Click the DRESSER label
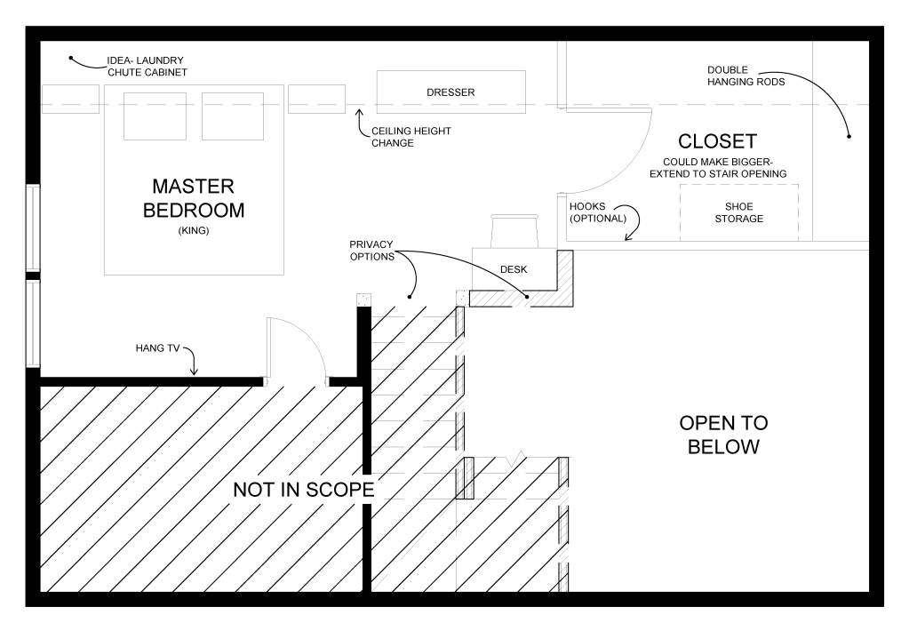coord(451,92)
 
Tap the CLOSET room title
coord(717,141)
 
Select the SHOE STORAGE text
coord(738,212)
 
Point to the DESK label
coord(514,269)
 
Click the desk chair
coord(515,231)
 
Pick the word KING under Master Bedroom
coord(194,230)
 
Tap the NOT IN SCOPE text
coord(304,490)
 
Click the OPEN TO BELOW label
coord(723,435)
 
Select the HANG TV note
coord(157,348)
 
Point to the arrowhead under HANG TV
coord(195,371)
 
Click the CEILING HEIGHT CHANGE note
coord(411,137)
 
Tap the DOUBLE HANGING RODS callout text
coord(746,76)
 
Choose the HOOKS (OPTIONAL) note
coord(598,212)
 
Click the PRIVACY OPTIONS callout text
coord(371,251)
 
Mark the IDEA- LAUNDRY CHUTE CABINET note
coord(148,66)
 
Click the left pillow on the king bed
coord(155,116)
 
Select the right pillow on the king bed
coord(233,116)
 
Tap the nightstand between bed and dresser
coord(316,99)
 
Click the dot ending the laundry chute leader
coord(71,58)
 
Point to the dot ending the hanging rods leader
coord(849,136)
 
